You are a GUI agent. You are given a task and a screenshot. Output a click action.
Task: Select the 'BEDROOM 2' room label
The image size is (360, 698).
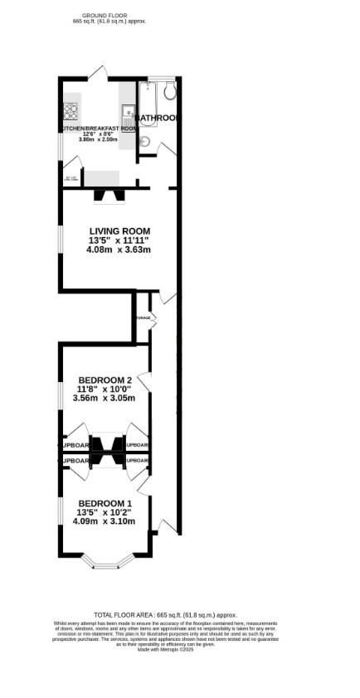(x=105, y=381)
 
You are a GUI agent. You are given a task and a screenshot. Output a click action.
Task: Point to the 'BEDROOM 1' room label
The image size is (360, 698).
(x=105, y=504)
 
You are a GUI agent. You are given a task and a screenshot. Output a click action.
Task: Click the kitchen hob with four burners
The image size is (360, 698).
(x=69, y=110)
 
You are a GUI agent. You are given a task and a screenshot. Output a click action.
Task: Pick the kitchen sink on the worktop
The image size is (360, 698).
(x=129, y=110)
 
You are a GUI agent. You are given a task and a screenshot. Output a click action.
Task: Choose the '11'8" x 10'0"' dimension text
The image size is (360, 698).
(x=105, y=389)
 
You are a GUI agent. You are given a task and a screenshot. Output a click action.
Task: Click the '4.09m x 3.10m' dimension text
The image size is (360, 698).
(x=105, y=521)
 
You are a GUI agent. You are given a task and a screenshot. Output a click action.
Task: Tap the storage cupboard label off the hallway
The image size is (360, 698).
(x=143, y=317)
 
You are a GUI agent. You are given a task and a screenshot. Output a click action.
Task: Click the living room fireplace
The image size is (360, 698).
(x=108, y=196)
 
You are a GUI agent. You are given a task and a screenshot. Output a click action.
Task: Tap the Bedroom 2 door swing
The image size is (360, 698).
(x=144, y=383)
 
